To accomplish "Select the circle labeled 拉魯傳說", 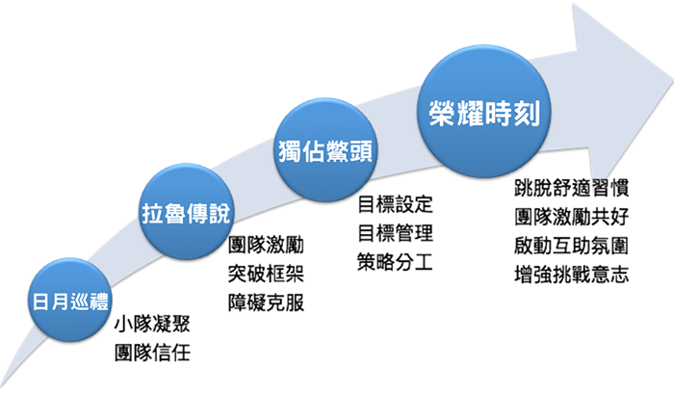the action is tap(186, 211).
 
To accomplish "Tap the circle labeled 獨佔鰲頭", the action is tap(325, 149).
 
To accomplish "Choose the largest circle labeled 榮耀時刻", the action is tap(484, 112).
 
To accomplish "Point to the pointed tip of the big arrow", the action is tap(671, 82).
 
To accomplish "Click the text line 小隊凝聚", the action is tap(152, 324).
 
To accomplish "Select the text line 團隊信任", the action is tap(152, 354).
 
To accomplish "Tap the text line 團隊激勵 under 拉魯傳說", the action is tap(266, 245).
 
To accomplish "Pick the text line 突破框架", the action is tap(266, 274).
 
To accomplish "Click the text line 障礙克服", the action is tap(266, 302).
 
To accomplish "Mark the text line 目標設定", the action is tap(395, 204).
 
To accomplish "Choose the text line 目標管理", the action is tap(395, 233).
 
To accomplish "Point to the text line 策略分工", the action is tap(395, 261).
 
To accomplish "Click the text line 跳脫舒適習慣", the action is tap(572, 188).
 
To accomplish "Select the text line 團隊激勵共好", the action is tap(572, 217).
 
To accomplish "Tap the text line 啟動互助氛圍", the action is tap(572, 246).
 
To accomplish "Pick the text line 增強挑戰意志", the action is tap(572, 275).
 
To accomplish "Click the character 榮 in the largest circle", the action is tap(442, 114).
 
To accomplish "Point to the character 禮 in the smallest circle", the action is tap(99, 302).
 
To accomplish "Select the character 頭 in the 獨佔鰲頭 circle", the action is tap(361, 151).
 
